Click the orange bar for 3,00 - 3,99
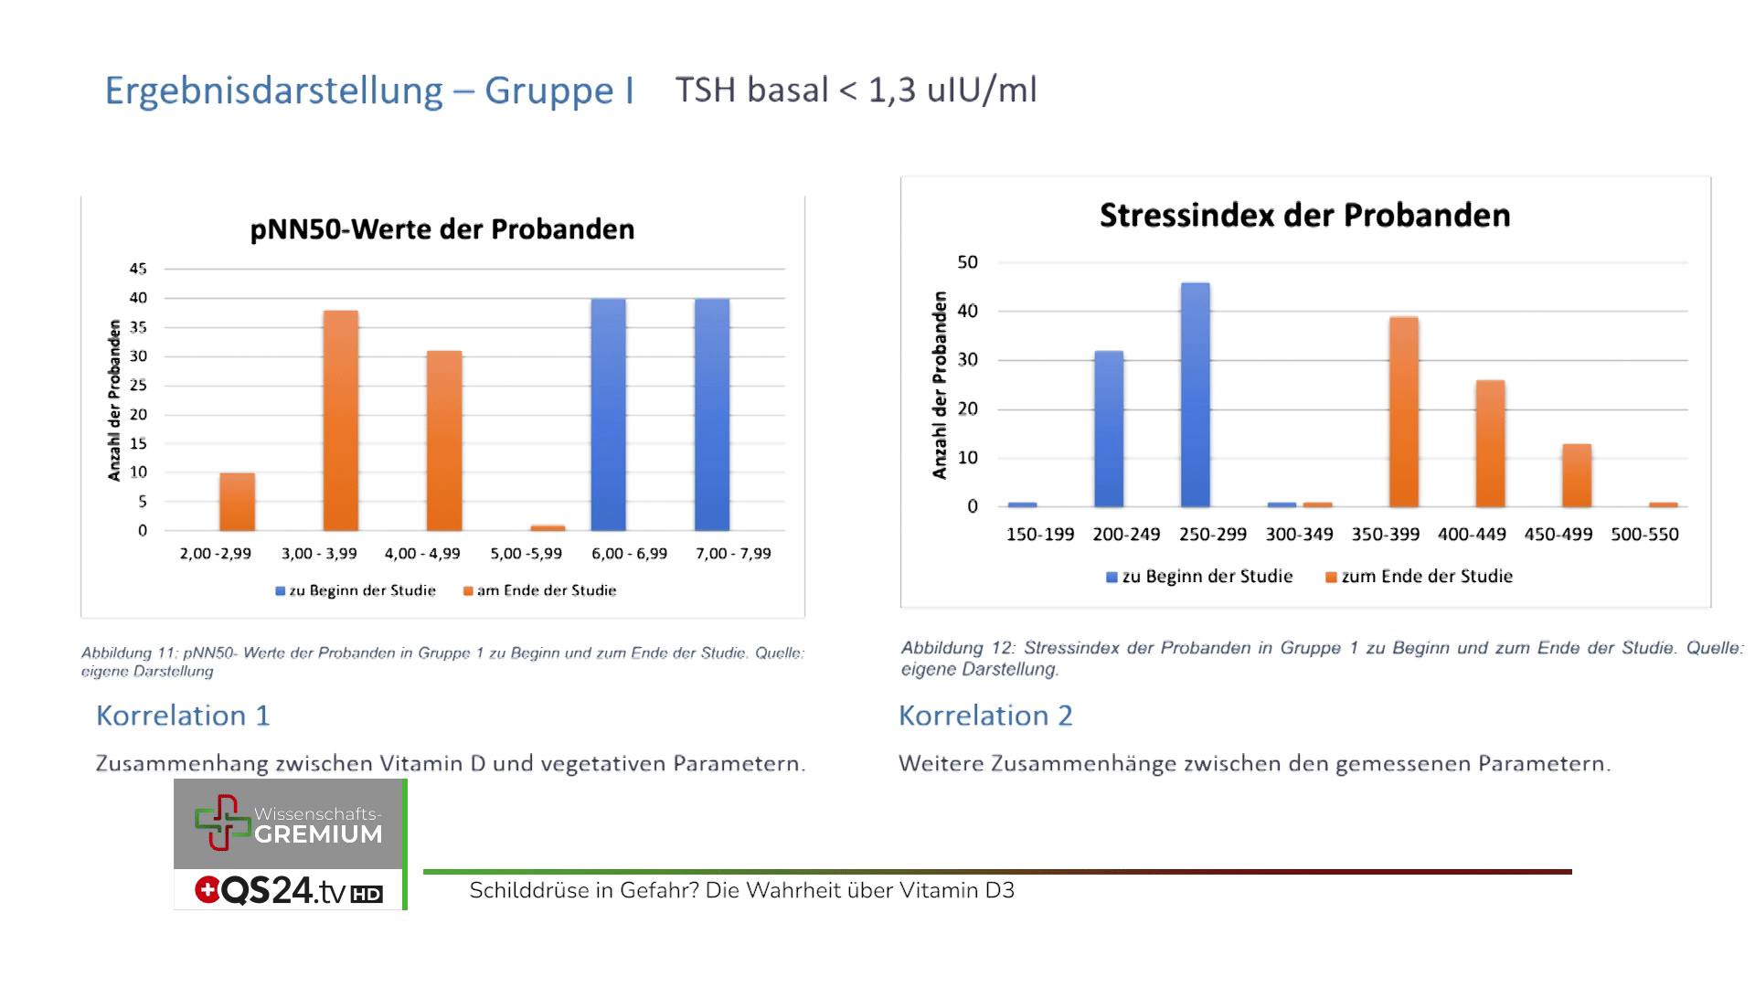(340, 420)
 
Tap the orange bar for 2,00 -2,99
(237, 502)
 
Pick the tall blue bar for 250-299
(1195, 395)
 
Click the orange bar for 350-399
(1403, 412)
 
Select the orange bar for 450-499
(1576, 475)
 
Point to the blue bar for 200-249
(1109, 429)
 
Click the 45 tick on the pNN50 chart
(138, 269)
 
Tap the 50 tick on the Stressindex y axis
(967, 262)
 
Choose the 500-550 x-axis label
(1644, 535)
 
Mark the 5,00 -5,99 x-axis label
(526, 554)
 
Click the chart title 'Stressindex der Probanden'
(1304, 216)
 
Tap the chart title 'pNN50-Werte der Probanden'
(442, 229)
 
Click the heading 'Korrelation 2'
(985, 716)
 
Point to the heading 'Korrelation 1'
(183, 716)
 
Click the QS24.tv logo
(288, 891)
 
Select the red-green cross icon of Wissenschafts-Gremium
(221, 822)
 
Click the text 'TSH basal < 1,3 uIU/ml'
(856, 90)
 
